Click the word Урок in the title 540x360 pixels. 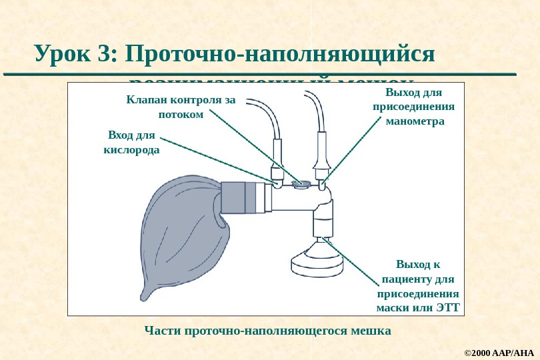click(x=64, y=54)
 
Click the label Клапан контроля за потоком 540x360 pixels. click(x=181, y=107)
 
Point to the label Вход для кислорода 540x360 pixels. click(x=131, y=143)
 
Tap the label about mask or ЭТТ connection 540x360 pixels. click(x=418, y=285)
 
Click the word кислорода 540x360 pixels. click(x=131, y=150)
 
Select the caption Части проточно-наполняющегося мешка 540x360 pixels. click(x=267, y=331)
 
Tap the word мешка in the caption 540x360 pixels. click(x=371, y=331)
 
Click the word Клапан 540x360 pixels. click(x=146, y=100)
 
